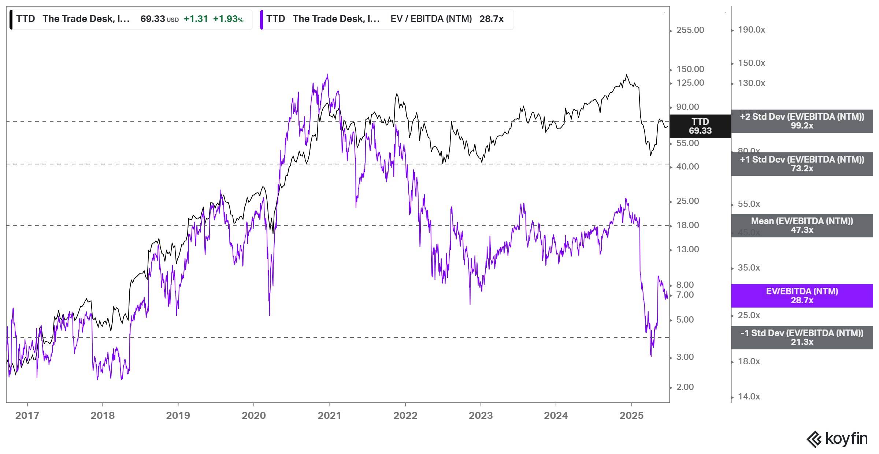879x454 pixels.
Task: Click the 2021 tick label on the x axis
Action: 329,416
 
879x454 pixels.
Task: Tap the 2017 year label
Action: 27,416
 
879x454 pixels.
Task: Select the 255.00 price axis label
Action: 690,30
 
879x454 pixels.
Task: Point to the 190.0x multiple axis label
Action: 751,30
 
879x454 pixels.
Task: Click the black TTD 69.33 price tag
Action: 700,126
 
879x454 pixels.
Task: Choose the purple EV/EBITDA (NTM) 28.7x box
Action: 802,296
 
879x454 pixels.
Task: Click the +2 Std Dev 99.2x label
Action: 802,121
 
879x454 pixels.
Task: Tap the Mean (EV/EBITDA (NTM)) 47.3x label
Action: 802,226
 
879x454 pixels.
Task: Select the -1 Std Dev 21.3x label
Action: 802,338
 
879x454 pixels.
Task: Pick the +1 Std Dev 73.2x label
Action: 802,164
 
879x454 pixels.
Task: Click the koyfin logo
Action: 837,439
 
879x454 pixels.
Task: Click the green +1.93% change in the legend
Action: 228,19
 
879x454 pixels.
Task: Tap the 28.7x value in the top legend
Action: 491,19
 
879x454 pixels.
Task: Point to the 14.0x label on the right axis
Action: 749,397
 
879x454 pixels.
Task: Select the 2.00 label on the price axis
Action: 685,387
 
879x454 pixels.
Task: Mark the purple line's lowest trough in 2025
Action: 651,356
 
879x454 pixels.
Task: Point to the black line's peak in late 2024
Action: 627,75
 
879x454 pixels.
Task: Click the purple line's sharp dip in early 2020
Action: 269,315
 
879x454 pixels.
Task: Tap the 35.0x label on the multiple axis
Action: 749,268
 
